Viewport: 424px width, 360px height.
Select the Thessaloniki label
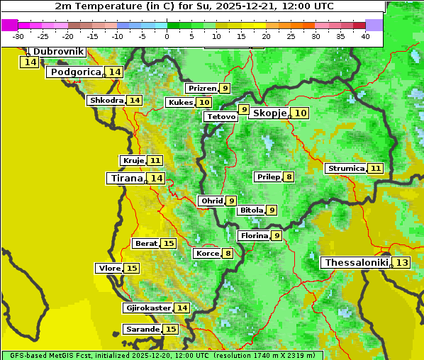pos(357,262)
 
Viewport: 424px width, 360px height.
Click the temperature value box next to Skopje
pos(301,113)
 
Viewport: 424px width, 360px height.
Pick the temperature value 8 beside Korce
pos(228,253)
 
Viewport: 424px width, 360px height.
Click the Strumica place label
pos(346,168)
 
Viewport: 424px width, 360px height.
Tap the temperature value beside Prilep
pos(289,176)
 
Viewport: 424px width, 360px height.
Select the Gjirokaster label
pos(147,308)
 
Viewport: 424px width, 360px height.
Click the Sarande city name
pos(142,329)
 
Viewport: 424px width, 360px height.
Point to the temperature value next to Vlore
pos(132,268)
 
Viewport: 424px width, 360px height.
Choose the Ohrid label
pos(211,201)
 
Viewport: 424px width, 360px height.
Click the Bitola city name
pos(251,210)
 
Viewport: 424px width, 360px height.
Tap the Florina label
pos(254,235)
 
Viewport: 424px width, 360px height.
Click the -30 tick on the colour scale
pos(18,35)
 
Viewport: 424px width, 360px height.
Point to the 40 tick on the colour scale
pos(365,35)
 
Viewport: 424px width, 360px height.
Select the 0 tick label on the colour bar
pos(167,35)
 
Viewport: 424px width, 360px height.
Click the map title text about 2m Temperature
pos(194,6)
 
